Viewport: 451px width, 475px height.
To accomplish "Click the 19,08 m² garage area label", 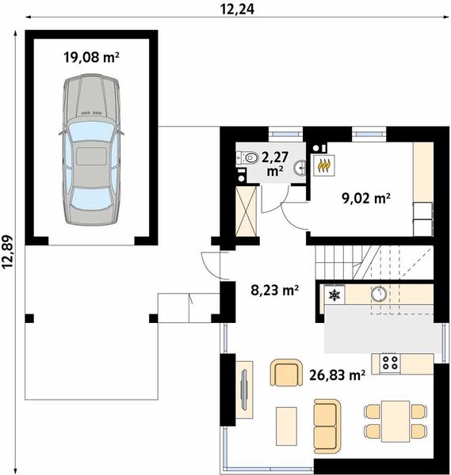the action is [x=91, y=57].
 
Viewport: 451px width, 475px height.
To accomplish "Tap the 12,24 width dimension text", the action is [x=237, y=9].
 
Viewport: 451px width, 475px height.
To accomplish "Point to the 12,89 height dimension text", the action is [x=8, y=252].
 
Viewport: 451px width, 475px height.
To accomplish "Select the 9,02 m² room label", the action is [x=365, y=199].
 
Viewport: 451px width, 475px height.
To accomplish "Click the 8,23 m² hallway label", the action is [x=274, y=290].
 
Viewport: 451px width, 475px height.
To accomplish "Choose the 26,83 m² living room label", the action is [x=337, y=375].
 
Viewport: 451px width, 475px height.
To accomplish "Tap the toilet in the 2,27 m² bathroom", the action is [x=247, y=158].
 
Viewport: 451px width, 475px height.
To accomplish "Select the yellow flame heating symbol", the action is [x=324, y=165].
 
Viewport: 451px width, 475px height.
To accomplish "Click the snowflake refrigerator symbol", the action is [x=334, y=294].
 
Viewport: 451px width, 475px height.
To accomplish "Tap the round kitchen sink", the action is [x=379, y=294].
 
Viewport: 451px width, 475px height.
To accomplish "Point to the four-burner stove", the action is [x=390, y=363].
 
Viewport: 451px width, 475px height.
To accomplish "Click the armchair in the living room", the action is [x=286, y=373].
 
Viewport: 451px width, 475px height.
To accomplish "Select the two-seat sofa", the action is [x=327, y=422].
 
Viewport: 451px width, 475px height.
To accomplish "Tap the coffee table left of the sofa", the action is [x=286, y=426].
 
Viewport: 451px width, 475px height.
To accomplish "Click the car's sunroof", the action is [x=91, y=156].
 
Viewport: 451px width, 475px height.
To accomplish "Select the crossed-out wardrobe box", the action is [x=246, y=211].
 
